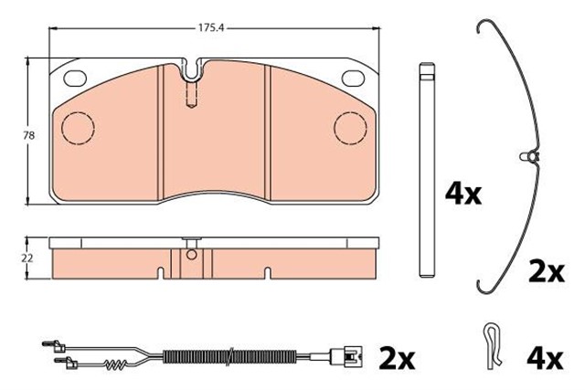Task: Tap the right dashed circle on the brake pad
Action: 351,127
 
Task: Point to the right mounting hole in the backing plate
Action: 352,78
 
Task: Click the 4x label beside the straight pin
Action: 463,194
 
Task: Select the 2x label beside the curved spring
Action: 548,270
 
